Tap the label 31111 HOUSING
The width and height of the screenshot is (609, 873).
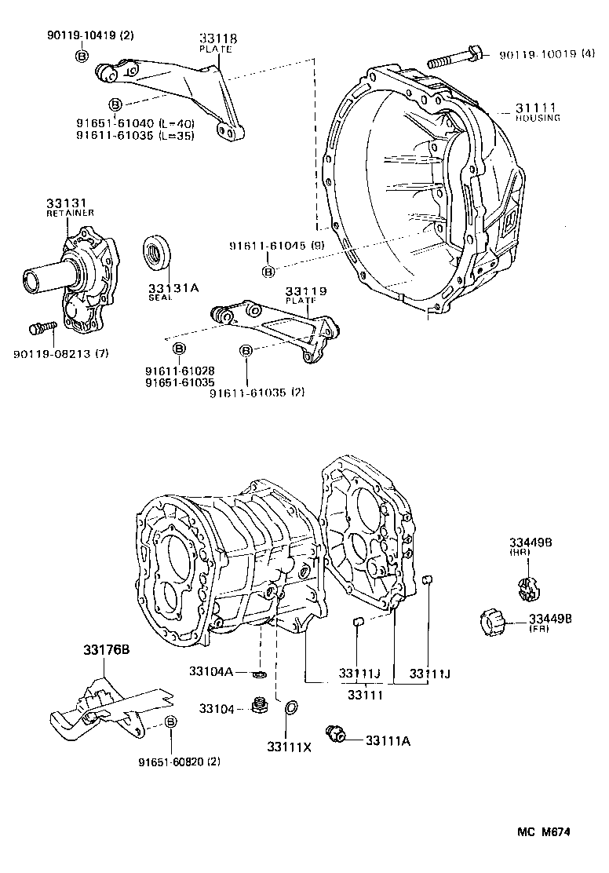(537, 111)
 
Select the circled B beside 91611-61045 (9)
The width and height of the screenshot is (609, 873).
(268, 272)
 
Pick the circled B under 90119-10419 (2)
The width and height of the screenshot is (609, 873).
(81, 56)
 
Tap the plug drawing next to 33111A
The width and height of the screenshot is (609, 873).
(339, 736)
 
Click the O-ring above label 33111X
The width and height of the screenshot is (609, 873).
(290, 708)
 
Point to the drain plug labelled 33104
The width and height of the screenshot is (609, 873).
(257, 707)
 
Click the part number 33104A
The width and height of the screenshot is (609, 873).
(210, 671)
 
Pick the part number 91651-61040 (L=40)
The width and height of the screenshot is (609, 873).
(135, 123)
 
